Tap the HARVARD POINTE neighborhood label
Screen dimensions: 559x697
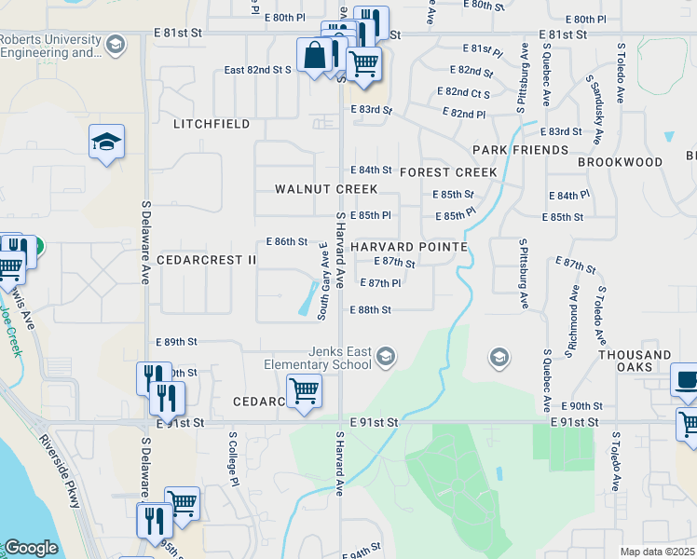coord(408,245)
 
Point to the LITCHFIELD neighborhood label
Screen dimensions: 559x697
coord(212,124)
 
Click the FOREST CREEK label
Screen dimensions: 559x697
coord(448,172)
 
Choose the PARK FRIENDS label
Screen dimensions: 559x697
coord(520,150)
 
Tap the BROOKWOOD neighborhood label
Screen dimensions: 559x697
coord(620,162)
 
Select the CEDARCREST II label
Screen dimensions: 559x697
coord(206,260)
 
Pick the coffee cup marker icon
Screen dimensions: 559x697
coord(687,380)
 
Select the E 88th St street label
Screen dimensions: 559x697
coord(370,309)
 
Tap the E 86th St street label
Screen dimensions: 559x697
coord(286,241)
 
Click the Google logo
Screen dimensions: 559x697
coord(31,548)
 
